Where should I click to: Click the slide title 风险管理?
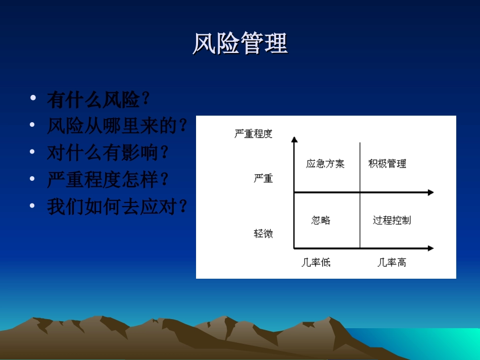tap(240, 43)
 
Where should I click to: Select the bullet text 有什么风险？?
tap(99, 99)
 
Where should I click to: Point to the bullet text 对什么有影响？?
tap(108, 152)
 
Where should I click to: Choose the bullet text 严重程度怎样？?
tap(108, 179)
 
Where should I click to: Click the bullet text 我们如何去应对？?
tap(117, 206)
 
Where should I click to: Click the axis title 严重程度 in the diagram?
tap(253, 134)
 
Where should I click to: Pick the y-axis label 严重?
tap(263, 178)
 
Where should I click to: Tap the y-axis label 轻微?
tap(263, 233)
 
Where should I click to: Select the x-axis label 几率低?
tap(316, 263)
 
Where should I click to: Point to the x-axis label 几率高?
tap(392, 263)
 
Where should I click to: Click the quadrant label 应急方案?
tap(325, 164)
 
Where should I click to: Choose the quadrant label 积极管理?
tap(387, 164)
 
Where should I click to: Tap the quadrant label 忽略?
tap(321, 220)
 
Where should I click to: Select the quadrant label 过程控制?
tap(392, 220)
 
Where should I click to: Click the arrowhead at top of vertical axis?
tap(294, 139)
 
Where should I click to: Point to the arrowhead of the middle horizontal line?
tap(430, 192)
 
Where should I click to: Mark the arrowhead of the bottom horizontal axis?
tap(430, 248)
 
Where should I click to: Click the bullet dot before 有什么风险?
tap(33, 97)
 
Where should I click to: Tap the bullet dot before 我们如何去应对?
tap(33, 205)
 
